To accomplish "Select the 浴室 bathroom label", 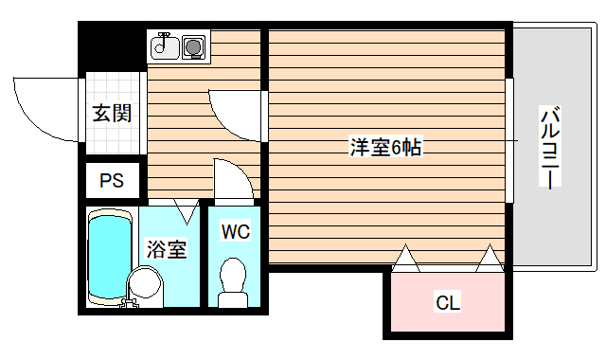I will pos(166,249).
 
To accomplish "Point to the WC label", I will pos(234,230).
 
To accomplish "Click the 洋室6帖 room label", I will pos(385,147).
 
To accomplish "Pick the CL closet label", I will pos(447,303).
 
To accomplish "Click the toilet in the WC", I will pos(232,280).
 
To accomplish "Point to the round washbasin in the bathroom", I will pos(146,283).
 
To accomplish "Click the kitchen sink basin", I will pos(163,45).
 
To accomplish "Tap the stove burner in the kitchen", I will pos(194,45).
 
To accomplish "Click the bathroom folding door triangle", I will pos(186,211).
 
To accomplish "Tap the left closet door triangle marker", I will pos(405,258).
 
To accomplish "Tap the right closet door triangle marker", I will pos(490,258).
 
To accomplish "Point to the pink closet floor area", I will pos(447,317).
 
